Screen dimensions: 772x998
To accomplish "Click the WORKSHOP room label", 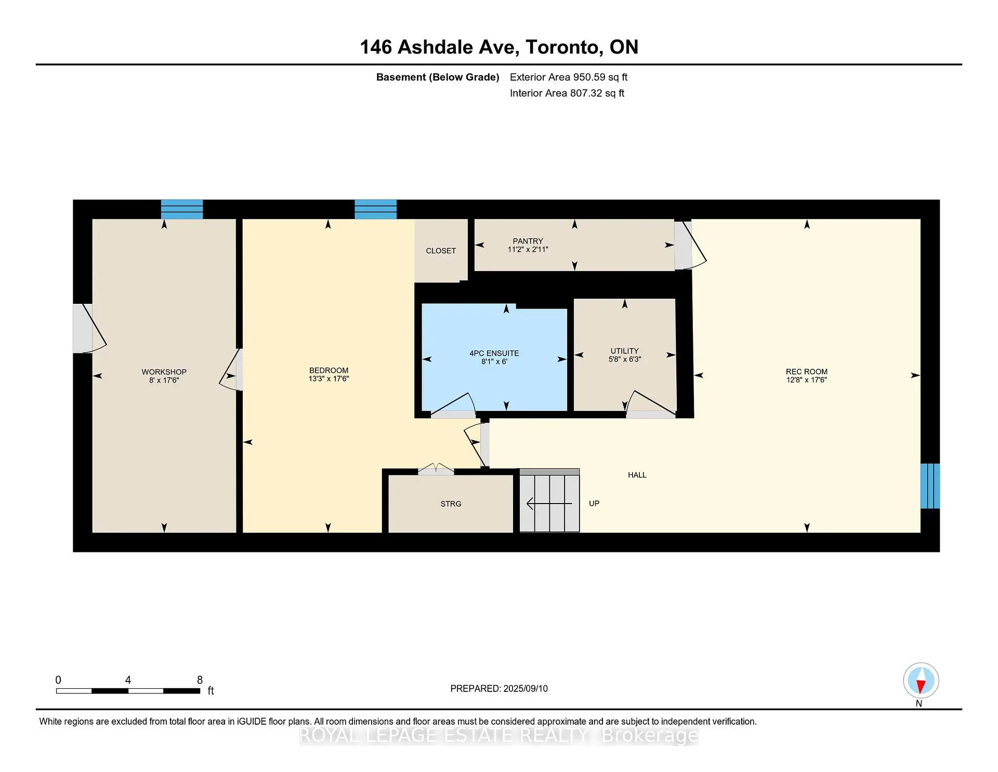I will [x=164, y=371].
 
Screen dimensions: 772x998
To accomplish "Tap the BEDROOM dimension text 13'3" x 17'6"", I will [x=329, y=379].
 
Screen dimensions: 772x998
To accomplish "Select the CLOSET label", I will [x=441, y=251].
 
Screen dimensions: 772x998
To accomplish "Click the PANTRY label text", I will [x=528, y=241].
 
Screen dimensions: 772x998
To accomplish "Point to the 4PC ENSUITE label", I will [x=494, y=353].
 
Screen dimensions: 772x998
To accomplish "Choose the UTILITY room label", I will [x=624, y=351].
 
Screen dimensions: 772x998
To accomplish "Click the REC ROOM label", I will [x=806, y=371].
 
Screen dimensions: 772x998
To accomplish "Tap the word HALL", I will [x=637, y=475].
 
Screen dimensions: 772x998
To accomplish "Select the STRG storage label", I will [x=451, y=504].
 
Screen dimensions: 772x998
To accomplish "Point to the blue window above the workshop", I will [x=181, y=209].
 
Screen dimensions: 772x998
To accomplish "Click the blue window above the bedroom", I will [x=375, y=209].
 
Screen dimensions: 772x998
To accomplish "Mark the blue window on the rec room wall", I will [x=930, y=486].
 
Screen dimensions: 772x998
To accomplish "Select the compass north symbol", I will [x=921, y=680].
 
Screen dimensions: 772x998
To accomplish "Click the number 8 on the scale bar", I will [x=200, y=680].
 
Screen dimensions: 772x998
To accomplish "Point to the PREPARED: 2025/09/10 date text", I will [x=498, y=688].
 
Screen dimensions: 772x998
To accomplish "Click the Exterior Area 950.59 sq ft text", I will [x=568, y=77].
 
